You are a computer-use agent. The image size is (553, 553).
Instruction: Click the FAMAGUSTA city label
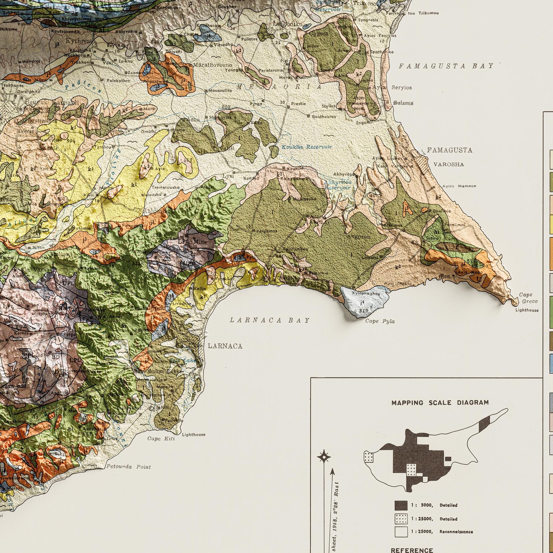(x=449, y=150)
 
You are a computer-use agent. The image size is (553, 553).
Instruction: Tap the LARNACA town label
(x=225, y=346)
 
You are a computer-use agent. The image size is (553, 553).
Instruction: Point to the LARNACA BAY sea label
(x=270, y=320)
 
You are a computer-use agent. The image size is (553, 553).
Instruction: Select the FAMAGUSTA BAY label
(x=446, y=66)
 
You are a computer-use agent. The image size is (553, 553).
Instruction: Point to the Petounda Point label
(x=129, y=467)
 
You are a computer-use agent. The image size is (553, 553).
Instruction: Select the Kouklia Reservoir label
(x=307, y=147)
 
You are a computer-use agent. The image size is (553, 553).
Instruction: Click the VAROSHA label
(x=448, y=165)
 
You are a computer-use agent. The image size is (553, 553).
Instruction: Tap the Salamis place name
(x=403, y=103)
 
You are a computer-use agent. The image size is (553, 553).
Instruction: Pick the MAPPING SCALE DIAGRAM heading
(x=440, y=403)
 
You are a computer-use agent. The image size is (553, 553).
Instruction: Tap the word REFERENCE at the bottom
(x=412, y=550)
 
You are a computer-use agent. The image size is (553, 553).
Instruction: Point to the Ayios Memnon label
(x=459, y=186)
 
